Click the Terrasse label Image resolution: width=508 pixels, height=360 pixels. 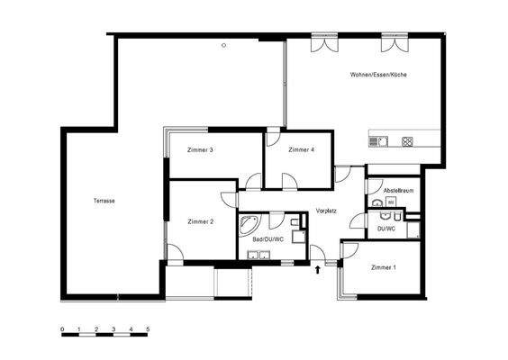click(x=104, y=201)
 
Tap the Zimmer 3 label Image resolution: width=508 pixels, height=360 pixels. click(x=200, y=149)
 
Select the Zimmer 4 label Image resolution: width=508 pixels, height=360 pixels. click(x=301, y=149)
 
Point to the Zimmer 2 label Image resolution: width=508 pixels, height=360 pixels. click(x=200, y=221)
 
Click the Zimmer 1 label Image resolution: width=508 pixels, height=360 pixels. click(x=383, y=268)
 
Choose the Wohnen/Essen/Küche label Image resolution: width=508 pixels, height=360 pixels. click(x=379, y=75)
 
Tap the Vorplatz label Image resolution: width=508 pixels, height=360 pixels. click(x=326, y=211)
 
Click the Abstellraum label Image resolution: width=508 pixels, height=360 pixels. click(x=397, y=192)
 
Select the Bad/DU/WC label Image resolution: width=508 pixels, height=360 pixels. click(x=268, y=239)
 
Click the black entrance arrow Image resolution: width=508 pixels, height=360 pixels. click(x=318, y=266)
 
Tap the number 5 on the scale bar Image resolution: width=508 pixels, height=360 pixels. click(x=148, y=329)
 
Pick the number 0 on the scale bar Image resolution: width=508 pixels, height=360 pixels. click(x=62, y=329)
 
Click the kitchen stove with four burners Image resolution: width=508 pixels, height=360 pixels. click(x=407, y=140)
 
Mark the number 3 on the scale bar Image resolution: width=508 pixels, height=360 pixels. click(x=113, y=329)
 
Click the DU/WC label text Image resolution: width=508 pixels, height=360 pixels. click(x=386, y=230)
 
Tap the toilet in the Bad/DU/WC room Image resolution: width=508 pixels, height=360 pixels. click(x=295, y=222)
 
